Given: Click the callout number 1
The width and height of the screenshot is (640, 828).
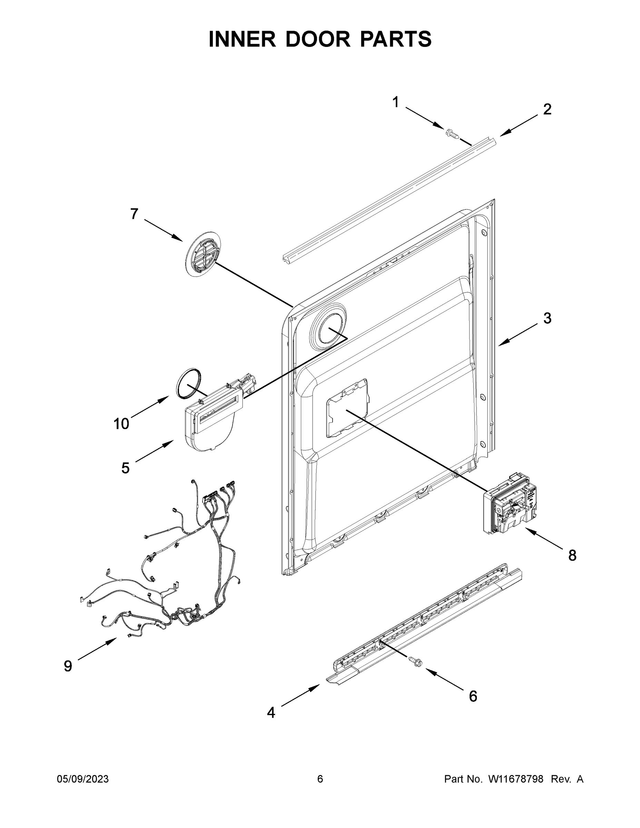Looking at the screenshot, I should click(x=395, y=102).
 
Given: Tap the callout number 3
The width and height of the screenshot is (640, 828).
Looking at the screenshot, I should click(x=547, y=318).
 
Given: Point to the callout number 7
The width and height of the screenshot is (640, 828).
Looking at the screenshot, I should click(x=134, y=214).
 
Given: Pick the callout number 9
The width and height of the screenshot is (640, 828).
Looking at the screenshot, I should click(x=68, y=666).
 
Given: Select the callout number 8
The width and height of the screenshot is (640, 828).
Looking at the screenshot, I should click(x=572, y=555).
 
